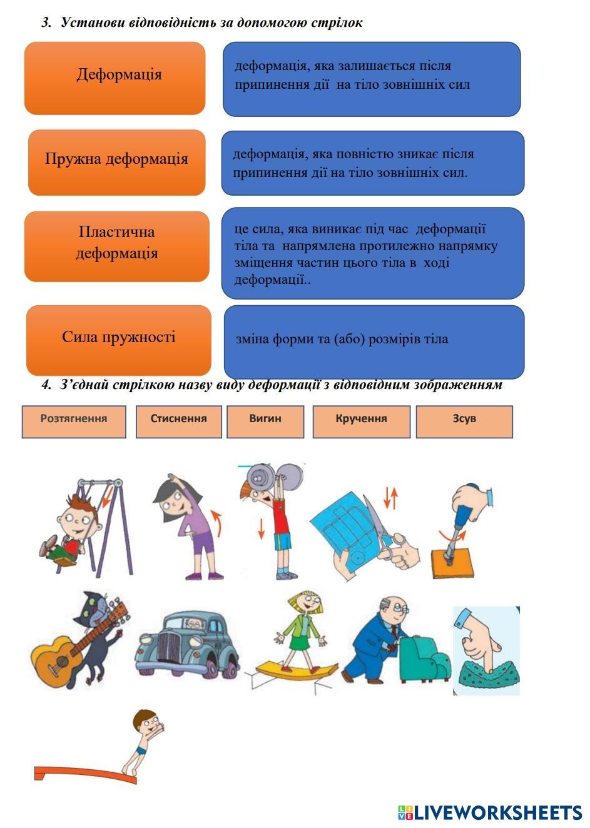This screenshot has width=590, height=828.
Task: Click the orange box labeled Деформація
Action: click(x=115, y=78)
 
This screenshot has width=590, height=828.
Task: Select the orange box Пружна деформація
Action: click(x=116, y=162)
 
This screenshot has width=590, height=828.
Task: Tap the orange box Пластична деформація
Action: click(x=116, y=246)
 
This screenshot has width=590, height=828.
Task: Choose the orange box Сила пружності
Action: click(x=118, y=340)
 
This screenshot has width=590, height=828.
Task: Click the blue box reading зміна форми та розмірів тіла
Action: click(x=374, y=341)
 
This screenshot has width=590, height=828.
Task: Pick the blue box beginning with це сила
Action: click(x=372, y=253)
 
